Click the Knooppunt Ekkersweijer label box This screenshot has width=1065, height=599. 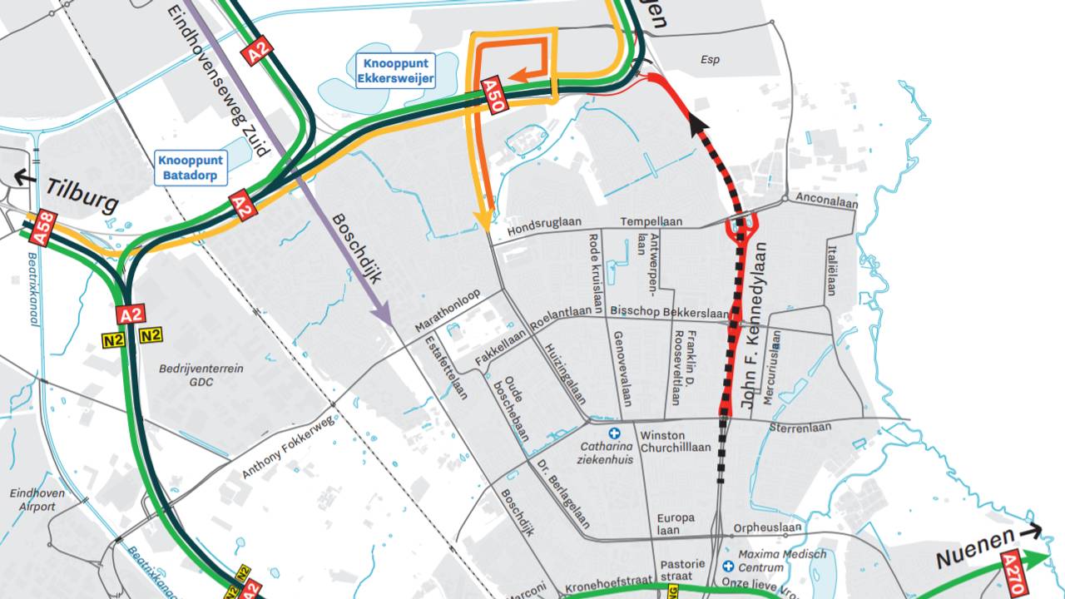pos(395,71)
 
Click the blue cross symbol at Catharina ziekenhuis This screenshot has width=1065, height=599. pos(615,433)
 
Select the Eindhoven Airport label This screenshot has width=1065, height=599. pos(32,500)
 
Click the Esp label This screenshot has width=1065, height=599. pos(710,60)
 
